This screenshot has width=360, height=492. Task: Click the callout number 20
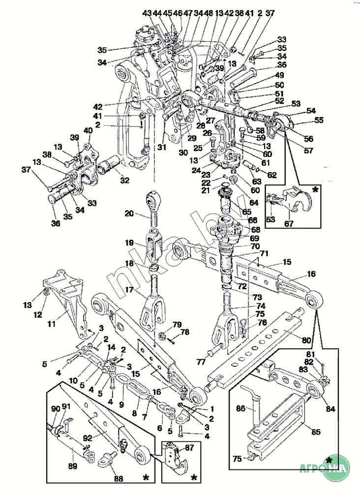pos(129,214)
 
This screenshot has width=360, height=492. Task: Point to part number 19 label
pos(129,243)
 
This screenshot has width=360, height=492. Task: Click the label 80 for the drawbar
pos(306,339)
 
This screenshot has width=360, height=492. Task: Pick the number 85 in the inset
pos(315,432)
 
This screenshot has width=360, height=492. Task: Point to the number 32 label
pos(124,181)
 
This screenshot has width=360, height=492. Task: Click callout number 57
pos(308,151)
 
